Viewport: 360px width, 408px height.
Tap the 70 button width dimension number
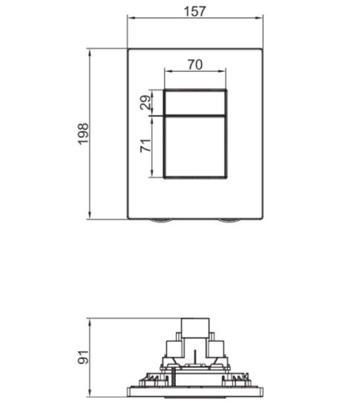[x=194, y=65]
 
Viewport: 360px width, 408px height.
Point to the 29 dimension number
[x=146, y=102]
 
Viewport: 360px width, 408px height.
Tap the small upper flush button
[x=194, y=102]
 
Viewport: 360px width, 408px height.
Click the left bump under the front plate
[x=161, y=222]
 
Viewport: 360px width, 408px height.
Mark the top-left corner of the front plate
[x=128, y=50]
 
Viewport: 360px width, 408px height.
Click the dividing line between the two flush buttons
[x=194, y=116]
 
